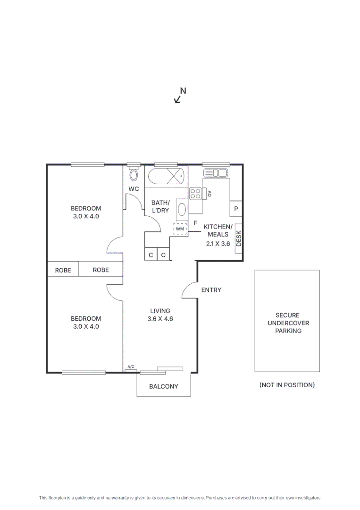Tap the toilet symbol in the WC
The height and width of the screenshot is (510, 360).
[x=134, y=175]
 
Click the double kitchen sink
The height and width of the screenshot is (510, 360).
[x=215, y=173]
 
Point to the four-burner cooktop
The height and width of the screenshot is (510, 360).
[x=195, y=193]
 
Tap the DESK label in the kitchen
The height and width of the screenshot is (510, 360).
[x=238, y=238]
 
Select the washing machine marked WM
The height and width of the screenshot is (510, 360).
[x=180, y=229]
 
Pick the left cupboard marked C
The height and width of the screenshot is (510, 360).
[x=151, y=255]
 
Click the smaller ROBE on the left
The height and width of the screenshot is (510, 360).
[x=63, y=270]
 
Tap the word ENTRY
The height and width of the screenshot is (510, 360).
[x=211, y=290]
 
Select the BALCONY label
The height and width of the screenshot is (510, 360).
[x=164, y=386]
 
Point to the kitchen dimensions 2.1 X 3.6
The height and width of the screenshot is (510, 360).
[x=218, y=244]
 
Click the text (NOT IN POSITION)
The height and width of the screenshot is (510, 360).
[x=287, y=385]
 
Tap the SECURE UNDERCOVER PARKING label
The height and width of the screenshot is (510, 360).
[x=288, y=323]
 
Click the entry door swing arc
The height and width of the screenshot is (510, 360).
[x=188, y=289]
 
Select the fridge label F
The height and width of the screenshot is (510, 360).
[x=195, y=223]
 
